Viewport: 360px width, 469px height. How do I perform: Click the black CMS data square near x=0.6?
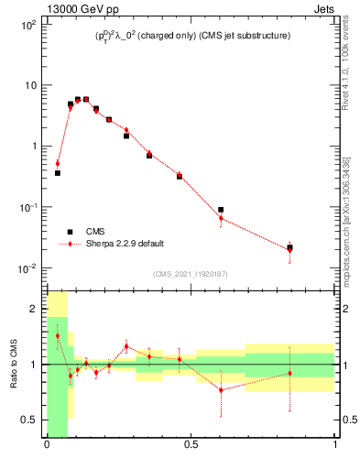click(221, 210)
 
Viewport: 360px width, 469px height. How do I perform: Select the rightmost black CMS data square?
click(289, 247)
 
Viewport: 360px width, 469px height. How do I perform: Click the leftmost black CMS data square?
click(57, 173)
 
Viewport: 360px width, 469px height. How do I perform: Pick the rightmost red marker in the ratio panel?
click(289, 373)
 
